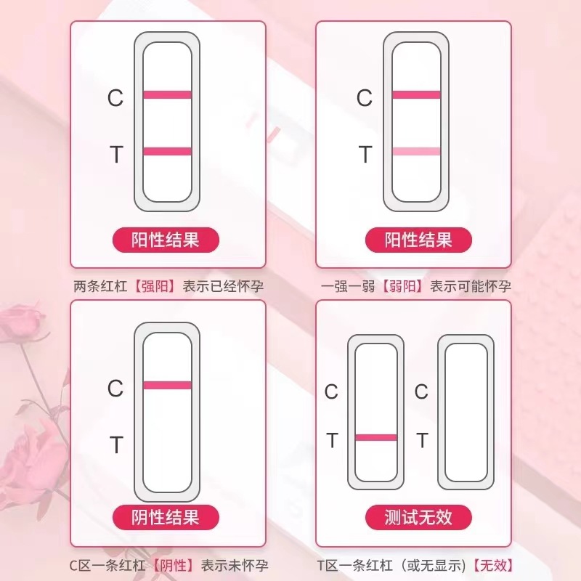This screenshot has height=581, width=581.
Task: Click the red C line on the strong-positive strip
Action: click(167, 94)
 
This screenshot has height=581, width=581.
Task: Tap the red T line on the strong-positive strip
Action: click(167, 151)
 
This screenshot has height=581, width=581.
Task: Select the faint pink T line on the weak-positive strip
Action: click(416, 151)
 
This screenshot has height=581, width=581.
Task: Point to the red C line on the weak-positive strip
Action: click(416, 94)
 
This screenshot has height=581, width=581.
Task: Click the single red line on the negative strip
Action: click(167, 385)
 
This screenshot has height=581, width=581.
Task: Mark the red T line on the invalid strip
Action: click(376, 437)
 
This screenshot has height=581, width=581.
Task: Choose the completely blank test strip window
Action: click(466, 413)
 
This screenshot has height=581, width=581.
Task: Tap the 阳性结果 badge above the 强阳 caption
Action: click(166, 240)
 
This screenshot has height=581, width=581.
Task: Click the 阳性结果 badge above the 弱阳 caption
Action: click(418, 240)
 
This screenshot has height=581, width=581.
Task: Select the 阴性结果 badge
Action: click(166, 517)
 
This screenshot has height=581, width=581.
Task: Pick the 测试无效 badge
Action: click(418, 517)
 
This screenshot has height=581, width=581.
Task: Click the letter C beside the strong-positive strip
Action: click(115, 98)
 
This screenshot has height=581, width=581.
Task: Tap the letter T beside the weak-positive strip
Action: click(365, 155)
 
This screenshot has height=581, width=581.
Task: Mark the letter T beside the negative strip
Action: click(115, 444)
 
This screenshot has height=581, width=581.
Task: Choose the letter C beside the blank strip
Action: click(421, 392)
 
